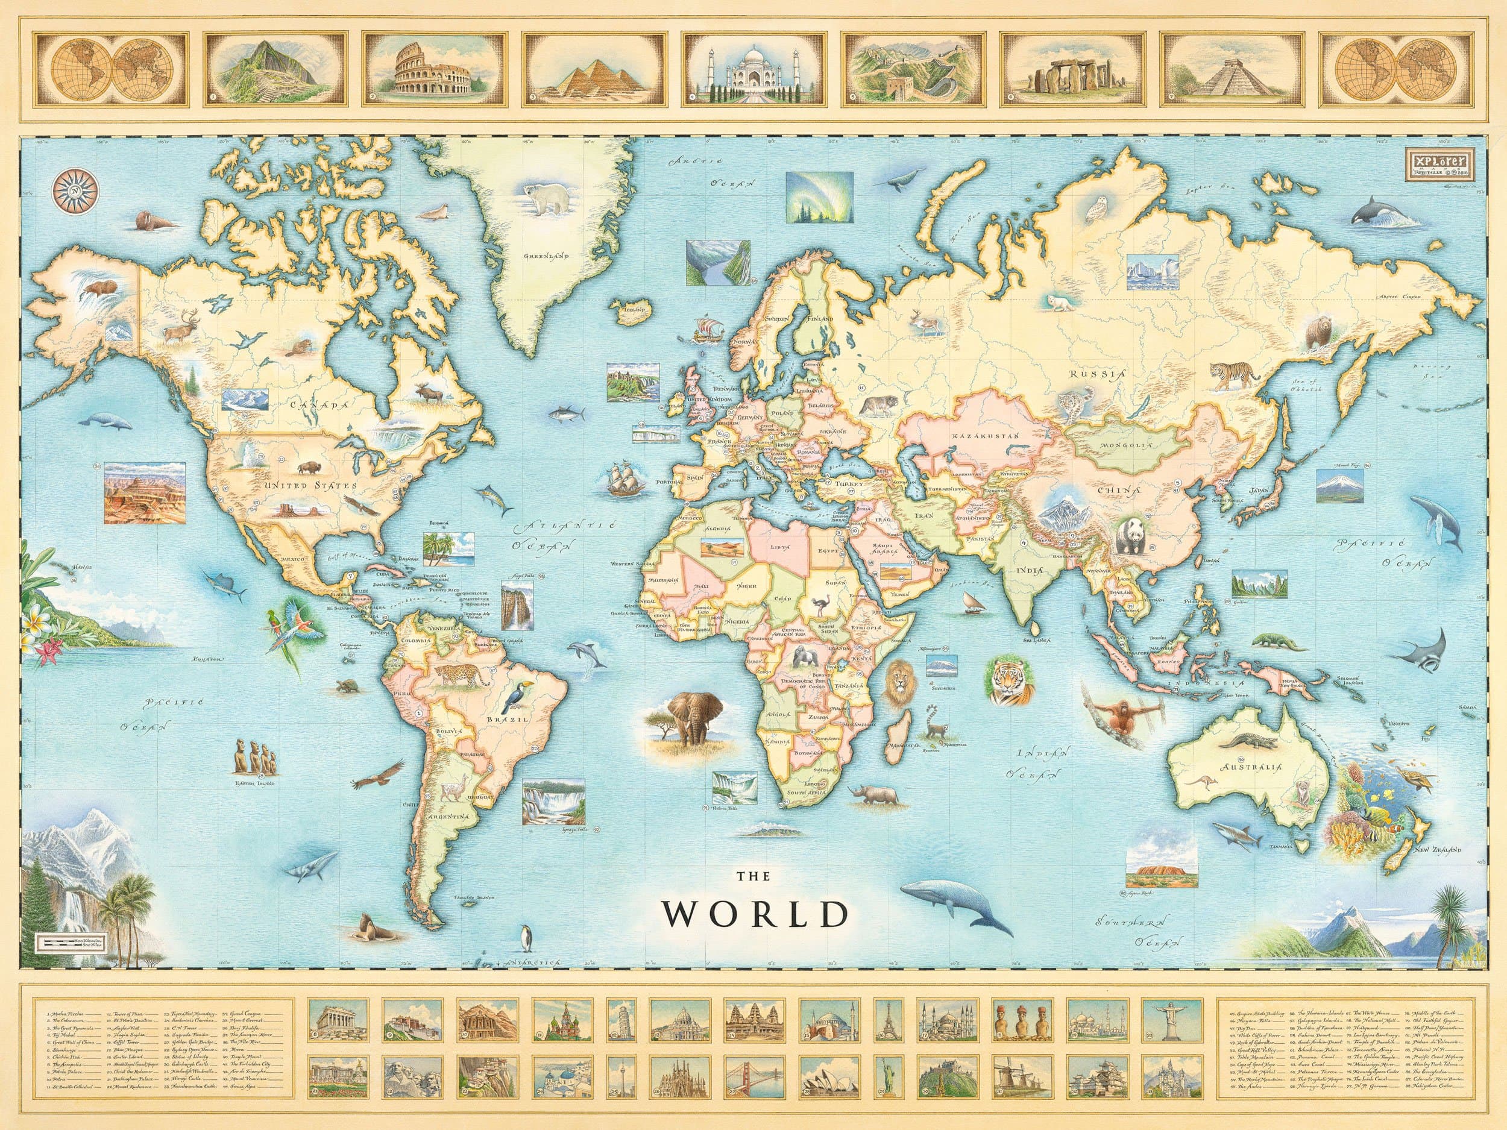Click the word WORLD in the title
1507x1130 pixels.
coord(757,915)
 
